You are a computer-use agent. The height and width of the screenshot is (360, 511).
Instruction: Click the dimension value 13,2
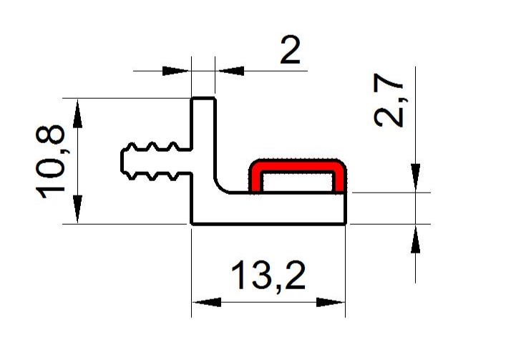tap(268, 276)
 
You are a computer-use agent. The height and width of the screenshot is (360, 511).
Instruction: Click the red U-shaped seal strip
tap(297, 165)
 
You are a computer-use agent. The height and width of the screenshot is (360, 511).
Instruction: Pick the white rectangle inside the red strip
tap(297, 182)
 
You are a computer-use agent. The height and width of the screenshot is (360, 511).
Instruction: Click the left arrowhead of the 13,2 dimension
tap(207, 302)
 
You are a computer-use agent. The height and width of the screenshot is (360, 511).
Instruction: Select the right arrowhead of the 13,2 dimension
tap(331, 302)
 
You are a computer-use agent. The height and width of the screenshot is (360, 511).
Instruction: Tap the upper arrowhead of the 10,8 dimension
tap(77, 113)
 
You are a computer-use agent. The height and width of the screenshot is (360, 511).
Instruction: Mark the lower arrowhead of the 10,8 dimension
tap(77, 209)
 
